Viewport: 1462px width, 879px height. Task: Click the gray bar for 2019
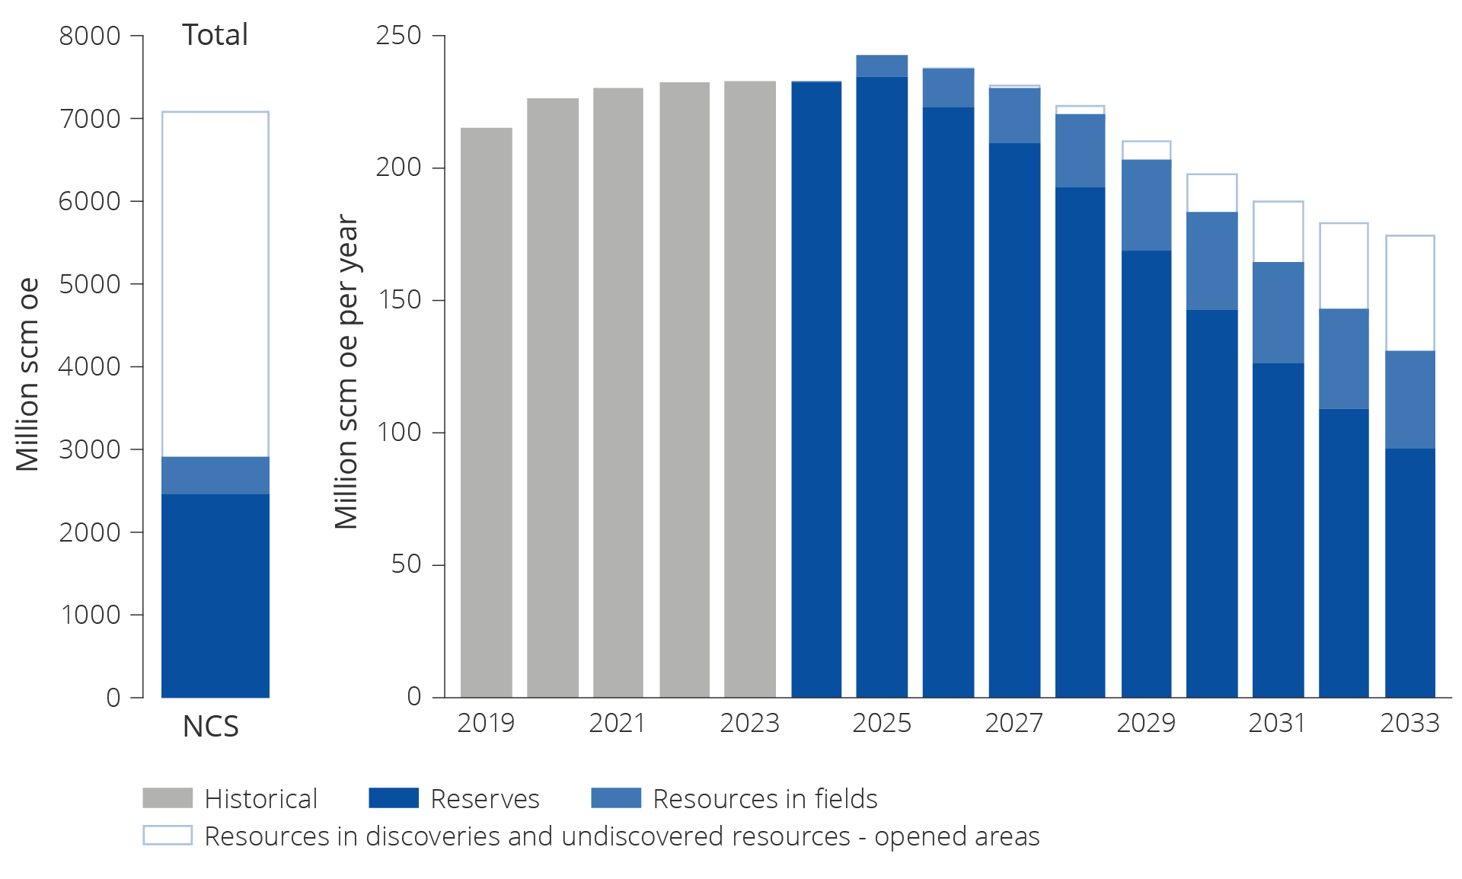point(486,411)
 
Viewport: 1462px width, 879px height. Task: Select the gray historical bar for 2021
point(618,392)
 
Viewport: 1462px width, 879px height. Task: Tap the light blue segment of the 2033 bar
point(1409,399)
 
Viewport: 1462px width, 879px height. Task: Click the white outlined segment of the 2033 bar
point(1409,293)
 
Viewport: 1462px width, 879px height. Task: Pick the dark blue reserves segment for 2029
point(1146,472)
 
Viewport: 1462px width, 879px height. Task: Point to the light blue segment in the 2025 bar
point(882,66)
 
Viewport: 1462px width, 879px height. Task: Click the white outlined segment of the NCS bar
point(215,283)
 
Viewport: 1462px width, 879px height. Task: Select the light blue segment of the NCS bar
point(215,475)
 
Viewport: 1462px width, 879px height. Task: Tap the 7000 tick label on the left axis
point(90,119)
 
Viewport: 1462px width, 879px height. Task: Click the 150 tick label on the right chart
point(399,300)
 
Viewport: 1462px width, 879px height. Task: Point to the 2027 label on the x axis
point(1014,723)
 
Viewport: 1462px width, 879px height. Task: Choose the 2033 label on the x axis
point(1409,723)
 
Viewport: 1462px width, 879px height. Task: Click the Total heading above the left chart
point(215,35)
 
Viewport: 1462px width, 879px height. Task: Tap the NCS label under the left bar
point(211,727)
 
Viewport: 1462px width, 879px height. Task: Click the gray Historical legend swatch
point(168,798)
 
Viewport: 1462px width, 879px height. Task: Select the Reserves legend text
point(485,799)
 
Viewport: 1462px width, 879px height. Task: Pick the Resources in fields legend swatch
point(616,798)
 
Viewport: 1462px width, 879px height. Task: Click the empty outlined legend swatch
point(168,836)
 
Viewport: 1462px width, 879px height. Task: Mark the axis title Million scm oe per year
point(346,372)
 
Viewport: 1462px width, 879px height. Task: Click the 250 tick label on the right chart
point(399,35)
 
